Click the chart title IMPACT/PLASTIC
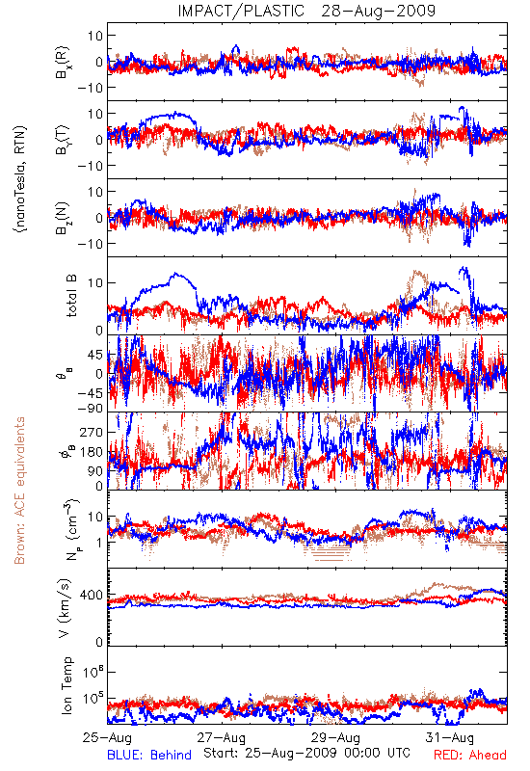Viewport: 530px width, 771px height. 241,11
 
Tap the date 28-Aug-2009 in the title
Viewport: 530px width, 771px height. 378,11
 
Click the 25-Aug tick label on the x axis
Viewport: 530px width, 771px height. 107,737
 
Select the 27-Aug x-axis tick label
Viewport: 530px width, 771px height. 222,737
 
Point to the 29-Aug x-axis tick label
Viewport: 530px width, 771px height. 335,737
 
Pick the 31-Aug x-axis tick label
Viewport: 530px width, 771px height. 449,737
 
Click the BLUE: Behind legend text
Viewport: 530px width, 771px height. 149,755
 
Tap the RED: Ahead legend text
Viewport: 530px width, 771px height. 470,755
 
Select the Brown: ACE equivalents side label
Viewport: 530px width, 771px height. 19,491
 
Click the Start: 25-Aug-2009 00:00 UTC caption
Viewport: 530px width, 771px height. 306,753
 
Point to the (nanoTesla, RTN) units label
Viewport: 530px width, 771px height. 20,178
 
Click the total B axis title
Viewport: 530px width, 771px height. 71,296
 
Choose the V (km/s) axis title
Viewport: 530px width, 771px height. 65,608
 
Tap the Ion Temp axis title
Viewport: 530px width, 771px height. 66,685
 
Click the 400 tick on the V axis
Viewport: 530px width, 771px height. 92,596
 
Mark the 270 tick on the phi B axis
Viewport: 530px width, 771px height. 92,432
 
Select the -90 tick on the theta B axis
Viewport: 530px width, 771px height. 90,409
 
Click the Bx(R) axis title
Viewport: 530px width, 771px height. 63,63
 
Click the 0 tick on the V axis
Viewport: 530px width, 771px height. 100,642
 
